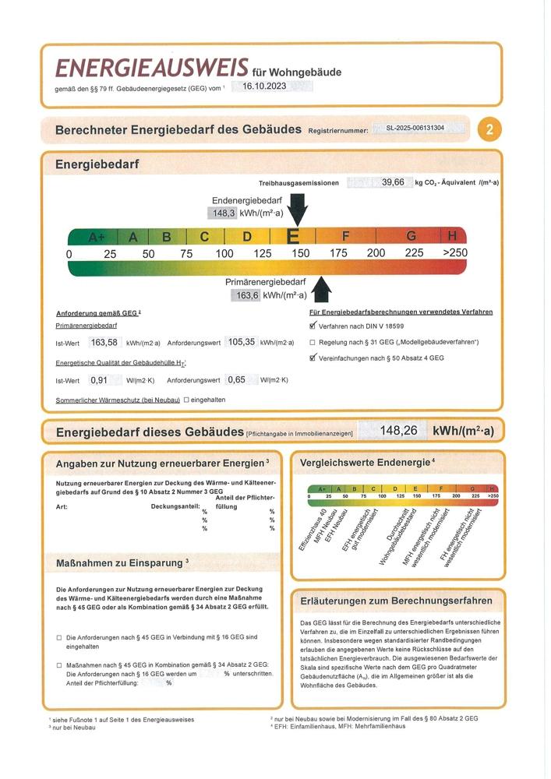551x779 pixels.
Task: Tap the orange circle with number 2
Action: [489, 129]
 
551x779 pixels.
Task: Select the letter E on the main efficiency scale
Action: [294, 236]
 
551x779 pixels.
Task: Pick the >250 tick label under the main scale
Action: [454, 253]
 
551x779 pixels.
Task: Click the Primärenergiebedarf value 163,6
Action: [245, 295]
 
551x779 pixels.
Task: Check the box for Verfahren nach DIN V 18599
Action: [313, 327]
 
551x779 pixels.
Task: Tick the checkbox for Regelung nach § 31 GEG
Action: [313, 343]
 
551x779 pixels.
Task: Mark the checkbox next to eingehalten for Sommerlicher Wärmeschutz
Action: [186, 400]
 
